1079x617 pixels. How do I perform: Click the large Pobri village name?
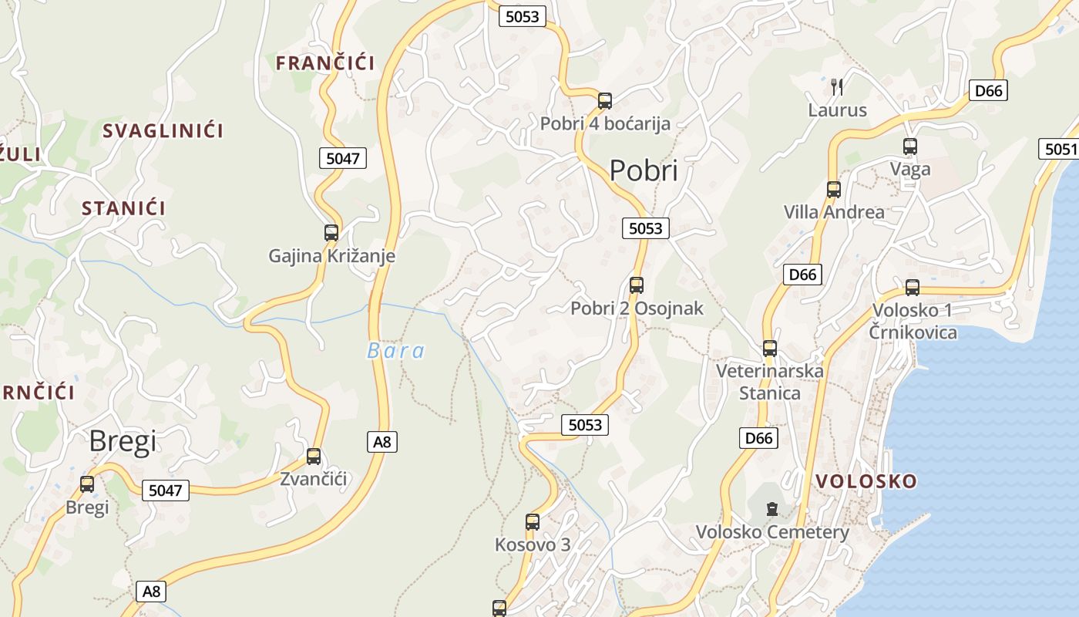644,170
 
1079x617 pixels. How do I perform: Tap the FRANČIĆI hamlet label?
325,63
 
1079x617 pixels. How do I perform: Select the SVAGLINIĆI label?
163,131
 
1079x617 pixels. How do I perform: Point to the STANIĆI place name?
124,208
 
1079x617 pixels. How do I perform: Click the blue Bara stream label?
395,352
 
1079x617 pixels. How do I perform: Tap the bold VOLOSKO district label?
866,481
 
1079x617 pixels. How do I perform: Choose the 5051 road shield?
1061,149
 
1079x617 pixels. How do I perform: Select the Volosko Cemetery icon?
771,509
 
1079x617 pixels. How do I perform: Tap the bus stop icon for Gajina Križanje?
331,232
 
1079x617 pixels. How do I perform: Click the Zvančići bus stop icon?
314,456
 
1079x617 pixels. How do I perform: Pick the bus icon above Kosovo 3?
532,521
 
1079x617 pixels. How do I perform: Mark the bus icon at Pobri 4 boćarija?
605,100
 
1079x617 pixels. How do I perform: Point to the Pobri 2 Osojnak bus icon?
637,285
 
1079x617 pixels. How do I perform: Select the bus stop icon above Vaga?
910,146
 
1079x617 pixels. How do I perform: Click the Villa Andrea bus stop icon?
833,189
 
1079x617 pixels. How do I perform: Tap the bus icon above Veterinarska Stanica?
769,348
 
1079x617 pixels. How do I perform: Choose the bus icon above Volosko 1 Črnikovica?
913,288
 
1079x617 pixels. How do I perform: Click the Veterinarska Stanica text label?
769,382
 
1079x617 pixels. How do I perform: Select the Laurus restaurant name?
837,110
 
